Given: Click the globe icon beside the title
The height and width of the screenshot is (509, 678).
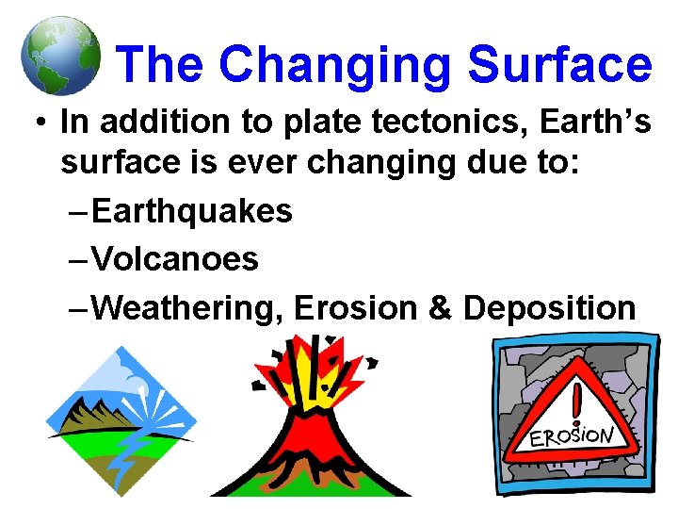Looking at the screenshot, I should (x=59, y=56).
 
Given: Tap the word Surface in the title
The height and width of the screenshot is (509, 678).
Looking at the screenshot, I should (x=560, y=65).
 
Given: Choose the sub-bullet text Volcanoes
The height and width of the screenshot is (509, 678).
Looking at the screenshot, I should (x=176, y=259).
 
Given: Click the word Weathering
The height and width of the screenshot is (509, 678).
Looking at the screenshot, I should (x=187, y=307).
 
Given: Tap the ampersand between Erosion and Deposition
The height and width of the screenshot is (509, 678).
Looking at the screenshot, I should (x=440, y=307).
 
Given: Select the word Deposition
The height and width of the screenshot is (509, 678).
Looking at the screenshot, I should (x=550, y=307).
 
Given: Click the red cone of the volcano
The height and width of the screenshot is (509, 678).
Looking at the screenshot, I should (x=311, y=443).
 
